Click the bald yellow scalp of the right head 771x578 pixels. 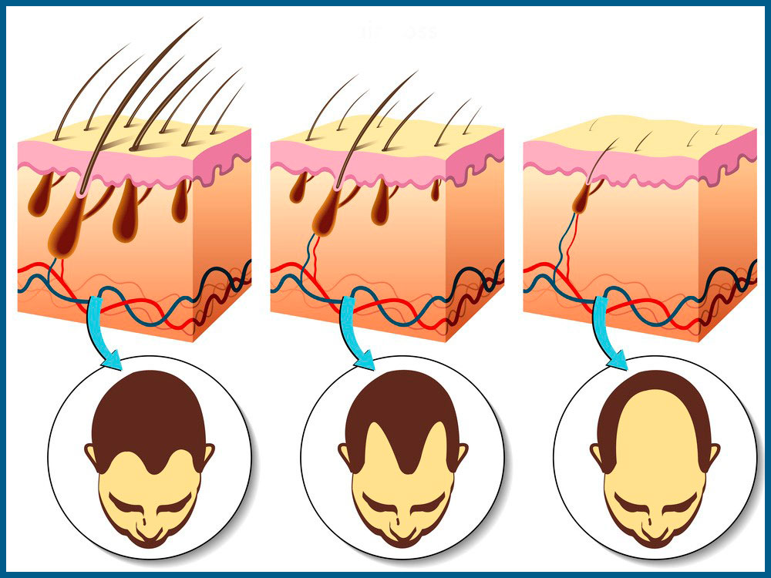[655, 432]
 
